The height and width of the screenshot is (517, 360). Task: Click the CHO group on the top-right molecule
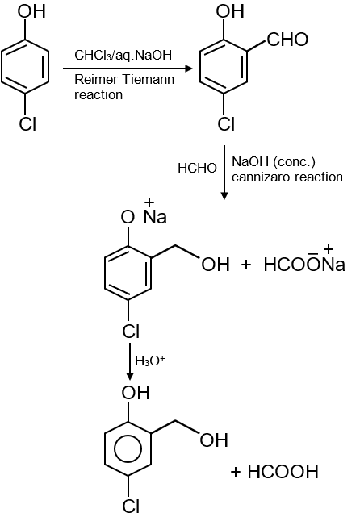point(287,40)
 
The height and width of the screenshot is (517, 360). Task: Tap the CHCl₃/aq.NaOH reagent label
point(123,55)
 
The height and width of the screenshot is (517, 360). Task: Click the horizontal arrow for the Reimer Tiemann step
point(128,69)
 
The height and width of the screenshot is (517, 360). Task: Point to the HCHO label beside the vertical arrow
point(197,168)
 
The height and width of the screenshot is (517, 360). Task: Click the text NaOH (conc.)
point(274,161)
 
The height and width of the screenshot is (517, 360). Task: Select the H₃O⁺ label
point(149,361)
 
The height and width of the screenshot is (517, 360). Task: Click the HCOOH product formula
point(283,472)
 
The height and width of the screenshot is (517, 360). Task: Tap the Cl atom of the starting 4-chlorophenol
point(27,124)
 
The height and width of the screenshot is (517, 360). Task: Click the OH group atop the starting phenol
point(31,11)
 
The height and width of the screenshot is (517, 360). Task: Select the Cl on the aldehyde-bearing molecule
point(226,124)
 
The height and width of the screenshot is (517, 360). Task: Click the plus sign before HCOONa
point(246,265)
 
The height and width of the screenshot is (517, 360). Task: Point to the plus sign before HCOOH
point(236,472)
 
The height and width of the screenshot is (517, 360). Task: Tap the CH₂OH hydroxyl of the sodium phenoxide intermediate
point(216,265)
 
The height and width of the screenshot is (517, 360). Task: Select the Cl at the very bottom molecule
point(131,507)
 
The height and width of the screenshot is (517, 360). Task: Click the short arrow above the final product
point(130,361)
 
